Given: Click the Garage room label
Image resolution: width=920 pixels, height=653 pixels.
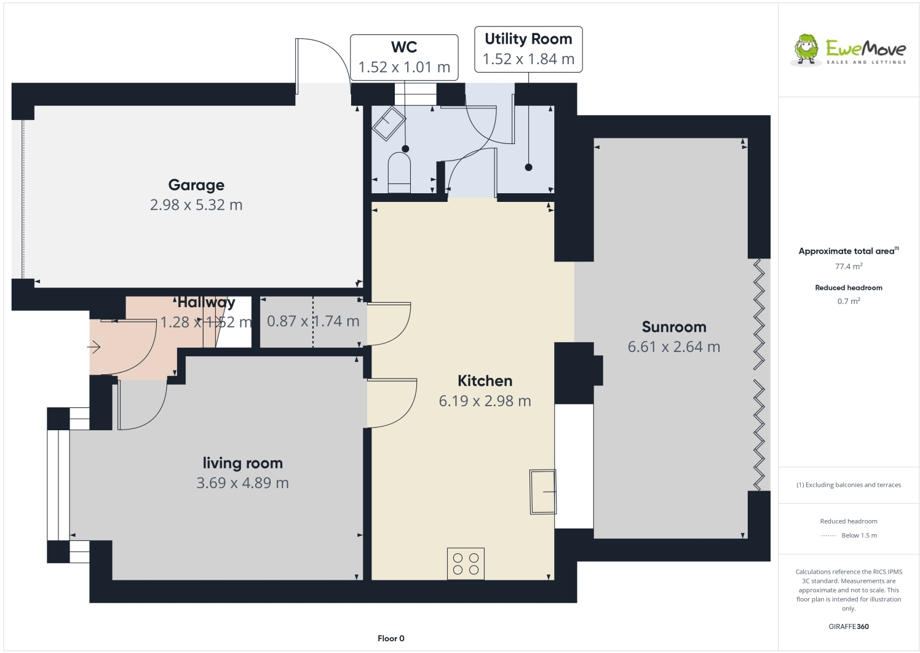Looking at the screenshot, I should coord(196,185).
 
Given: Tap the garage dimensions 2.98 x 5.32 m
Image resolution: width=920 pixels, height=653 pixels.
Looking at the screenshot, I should coord(196,205).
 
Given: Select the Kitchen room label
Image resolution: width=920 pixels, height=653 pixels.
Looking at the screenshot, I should coord(485,380).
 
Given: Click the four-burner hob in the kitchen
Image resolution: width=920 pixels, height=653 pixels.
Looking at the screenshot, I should coord(466,564).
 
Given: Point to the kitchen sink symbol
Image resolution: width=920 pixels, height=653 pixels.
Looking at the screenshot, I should coord(542,491).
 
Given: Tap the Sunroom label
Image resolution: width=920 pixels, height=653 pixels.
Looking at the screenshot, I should coord(674,327).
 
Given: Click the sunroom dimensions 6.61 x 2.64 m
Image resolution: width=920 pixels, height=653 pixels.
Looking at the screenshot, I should coord(674,347).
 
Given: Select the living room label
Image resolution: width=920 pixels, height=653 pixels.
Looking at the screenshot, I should coord(242,463).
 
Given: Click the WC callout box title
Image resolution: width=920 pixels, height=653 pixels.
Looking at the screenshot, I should coord(404,47).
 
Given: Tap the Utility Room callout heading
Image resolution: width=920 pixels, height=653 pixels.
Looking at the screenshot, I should coord(528,39).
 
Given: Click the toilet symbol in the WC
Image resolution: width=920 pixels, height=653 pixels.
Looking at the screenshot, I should coord(399,173).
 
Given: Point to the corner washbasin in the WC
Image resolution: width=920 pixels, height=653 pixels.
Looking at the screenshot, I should coord(387,123).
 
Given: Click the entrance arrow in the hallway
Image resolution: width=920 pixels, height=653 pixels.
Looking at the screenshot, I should coord(94,348).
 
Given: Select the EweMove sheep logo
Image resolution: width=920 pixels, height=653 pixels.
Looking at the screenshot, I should coord(806,49).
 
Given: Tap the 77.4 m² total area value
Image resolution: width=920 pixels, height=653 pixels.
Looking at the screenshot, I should coord(848,266).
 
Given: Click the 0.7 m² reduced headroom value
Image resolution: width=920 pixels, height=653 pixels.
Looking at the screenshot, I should coord(848,301).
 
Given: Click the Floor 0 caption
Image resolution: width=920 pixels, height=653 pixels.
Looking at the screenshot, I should coord(391,638).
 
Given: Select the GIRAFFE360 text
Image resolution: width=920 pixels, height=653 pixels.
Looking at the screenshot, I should coord(848,627).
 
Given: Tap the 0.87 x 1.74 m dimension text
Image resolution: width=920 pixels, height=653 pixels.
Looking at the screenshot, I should coord(313,321).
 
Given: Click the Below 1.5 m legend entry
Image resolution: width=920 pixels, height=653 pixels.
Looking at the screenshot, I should coord(859,535).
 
